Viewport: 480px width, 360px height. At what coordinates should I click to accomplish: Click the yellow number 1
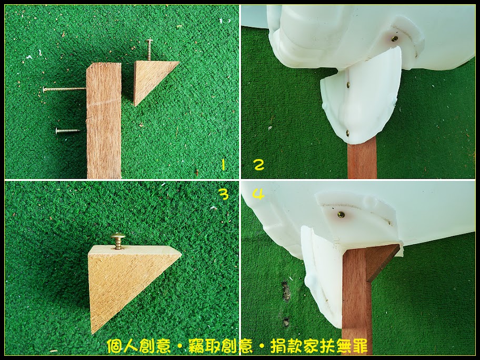tap(223, 166)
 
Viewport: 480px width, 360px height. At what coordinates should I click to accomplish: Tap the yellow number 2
tap(259, 165)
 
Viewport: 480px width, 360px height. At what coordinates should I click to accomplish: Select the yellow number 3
tap(225, 194)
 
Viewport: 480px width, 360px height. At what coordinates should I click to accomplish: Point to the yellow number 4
tap(258, 194)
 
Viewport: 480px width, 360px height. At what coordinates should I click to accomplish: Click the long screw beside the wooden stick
tap(65, 89)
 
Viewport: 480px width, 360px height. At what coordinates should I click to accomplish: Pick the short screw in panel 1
tap(68, 131)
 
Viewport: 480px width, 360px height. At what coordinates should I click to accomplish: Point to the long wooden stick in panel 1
tap(104, 121)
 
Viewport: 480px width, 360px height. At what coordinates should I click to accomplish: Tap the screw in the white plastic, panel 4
tap(341, 215)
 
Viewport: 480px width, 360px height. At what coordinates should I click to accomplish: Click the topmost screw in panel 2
tap(395, 38)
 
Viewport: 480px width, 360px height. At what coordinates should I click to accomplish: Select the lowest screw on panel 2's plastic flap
tap(347, 133)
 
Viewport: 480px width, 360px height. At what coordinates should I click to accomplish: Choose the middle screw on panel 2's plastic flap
tap(349, 84)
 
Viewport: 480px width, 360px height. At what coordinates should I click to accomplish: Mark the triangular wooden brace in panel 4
tap(379, 262)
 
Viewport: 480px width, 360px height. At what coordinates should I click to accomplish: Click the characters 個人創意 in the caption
tap(138, 346)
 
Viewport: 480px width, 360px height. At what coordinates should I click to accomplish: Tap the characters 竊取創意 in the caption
tap(221, 346)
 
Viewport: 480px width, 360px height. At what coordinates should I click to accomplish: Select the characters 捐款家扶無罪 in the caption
tap(318, 346)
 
